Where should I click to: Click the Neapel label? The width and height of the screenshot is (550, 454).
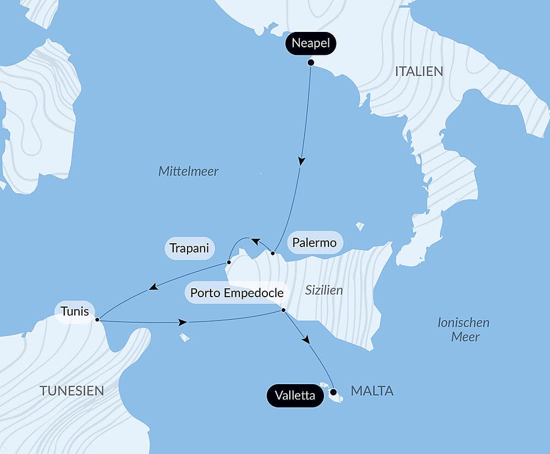[x=311, y=43]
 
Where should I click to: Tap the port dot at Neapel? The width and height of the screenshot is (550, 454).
[x=311, y=63]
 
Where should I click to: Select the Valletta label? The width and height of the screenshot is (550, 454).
[x=295, y=395]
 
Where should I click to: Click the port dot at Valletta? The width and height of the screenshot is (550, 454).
[x=333, y=392]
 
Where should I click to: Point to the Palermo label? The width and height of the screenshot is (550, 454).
[x=314, y=243]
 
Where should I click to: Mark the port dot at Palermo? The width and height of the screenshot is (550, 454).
[x=273, y=253]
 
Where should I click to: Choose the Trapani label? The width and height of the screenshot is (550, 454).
[x=189, y=248]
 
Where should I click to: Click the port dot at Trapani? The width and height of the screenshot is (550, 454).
[x=228, y=262]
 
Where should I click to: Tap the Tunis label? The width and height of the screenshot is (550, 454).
[x=75, y=311]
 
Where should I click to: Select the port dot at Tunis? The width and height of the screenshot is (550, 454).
[x=97, y=319]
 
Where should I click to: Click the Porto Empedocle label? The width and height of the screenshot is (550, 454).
[x=237, y=293]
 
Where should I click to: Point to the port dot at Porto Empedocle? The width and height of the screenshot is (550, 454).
[x=283, y=311]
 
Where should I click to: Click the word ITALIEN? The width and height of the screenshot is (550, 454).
[x=419, y=72]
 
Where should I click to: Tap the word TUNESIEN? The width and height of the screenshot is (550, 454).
[x=71, y=391]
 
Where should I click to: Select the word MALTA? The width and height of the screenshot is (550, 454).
[x=372, y=391]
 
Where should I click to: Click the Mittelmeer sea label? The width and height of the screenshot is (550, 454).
[x=188, y=171]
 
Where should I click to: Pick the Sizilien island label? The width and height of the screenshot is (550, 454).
[x=323, y=291]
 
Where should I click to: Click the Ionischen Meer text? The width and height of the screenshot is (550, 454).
[x=464, y=330]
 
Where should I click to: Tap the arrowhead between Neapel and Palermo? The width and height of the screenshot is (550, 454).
[x=301, y=161]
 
